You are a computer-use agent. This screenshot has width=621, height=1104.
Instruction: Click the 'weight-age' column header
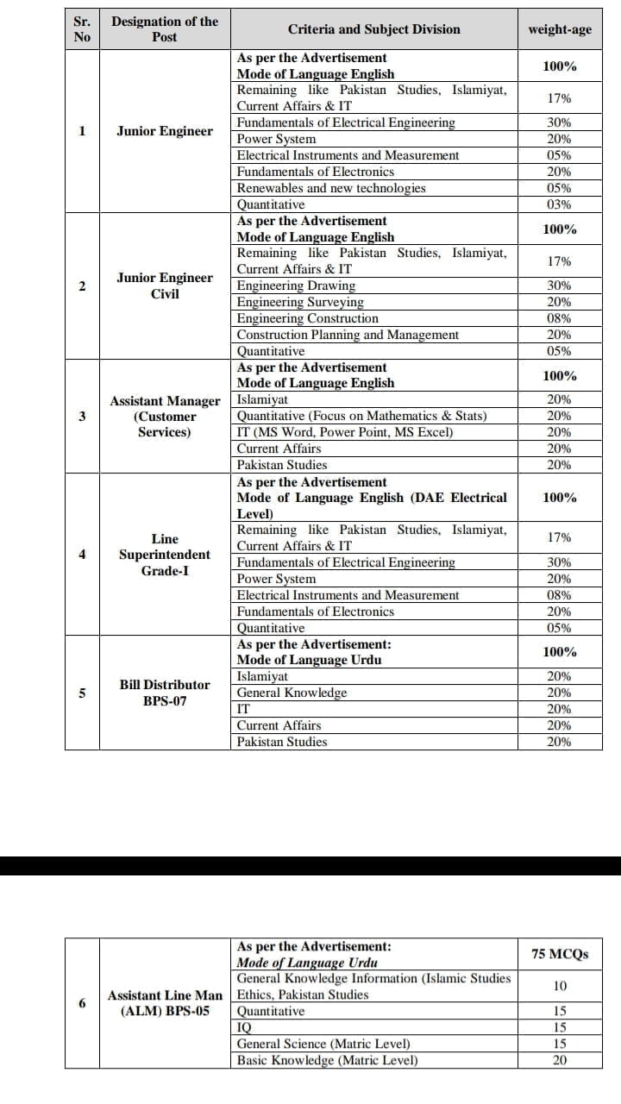(560, 29)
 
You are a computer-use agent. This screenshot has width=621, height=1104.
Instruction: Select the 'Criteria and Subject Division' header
(373, 29)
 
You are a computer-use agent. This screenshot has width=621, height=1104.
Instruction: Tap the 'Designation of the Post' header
(165, 29)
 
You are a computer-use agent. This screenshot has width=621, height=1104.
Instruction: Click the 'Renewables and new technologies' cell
(331, 188)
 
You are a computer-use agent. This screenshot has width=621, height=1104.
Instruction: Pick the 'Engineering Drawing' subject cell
(296, 285)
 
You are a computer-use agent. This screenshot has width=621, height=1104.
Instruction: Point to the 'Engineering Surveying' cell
(300, 302)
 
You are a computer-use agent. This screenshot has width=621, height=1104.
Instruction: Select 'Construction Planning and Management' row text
(348, 335)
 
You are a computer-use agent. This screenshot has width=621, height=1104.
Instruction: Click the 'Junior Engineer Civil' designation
(165, 285)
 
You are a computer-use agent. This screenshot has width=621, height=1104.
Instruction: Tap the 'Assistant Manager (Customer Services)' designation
(165, 416)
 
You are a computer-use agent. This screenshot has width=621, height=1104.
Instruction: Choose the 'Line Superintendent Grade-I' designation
(165, 555)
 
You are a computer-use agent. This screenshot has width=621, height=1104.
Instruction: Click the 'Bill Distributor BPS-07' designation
(165, 693)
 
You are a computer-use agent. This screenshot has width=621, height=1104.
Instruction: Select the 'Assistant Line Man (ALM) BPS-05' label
(165, 1003)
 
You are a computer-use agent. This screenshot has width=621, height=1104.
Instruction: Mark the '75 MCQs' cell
(560, 954)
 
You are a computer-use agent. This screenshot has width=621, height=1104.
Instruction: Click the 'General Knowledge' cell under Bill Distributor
(292, 693)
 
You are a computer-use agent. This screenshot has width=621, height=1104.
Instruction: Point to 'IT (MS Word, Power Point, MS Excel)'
(345, 432)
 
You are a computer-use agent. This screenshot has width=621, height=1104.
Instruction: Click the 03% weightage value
(560, 204)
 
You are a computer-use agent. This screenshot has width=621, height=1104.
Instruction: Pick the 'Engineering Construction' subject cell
(307, 318)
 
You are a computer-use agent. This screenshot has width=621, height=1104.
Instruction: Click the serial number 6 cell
(82, 1003)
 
